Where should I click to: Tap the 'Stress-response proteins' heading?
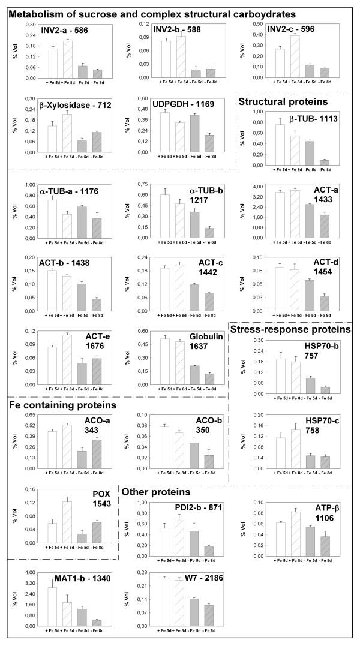pos(291,329)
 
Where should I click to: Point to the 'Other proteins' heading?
pos(157,492)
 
